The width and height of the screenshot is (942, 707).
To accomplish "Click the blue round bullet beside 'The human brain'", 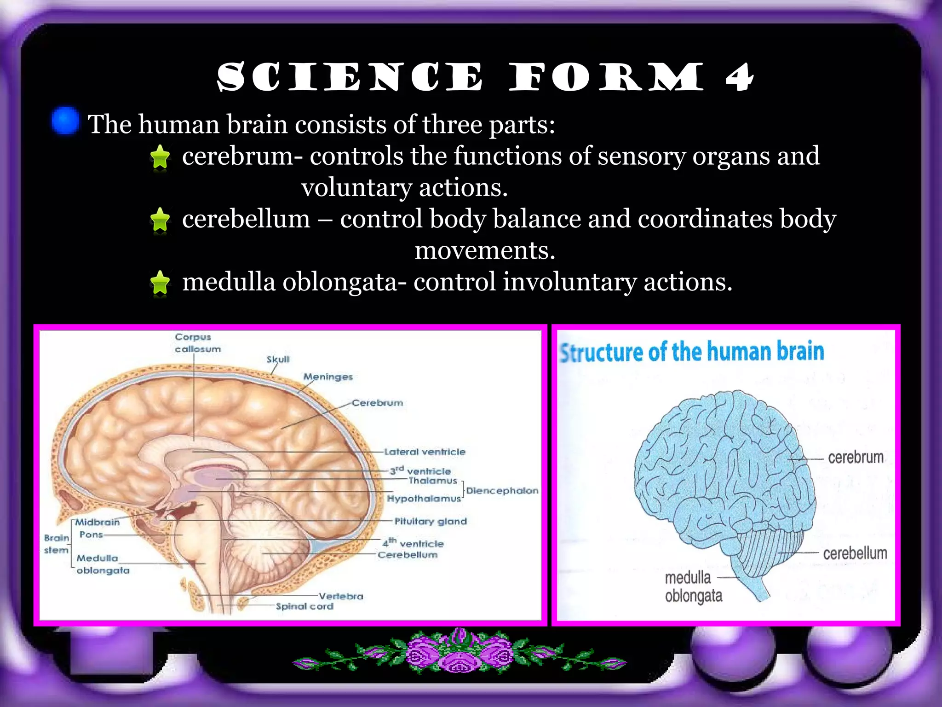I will [x=65, y=121].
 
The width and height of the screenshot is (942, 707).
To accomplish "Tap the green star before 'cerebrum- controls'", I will [x=160, y=156].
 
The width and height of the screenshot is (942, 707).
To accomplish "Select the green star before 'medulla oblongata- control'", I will [x=160, y=282].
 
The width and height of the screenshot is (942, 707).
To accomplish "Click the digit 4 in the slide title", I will [x=739, y=77].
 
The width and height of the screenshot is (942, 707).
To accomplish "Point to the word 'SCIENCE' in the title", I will [x=350, y=77].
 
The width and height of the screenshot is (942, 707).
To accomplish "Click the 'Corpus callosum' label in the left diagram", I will [x=197, y=343].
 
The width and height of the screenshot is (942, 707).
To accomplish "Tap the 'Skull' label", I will [x=278, y=359].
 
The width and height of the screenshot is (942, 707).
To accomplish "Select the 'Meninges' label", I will [x=327, y=377].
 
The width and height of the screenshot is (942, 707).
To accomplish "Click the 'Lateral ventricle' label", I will [x=425, y=452].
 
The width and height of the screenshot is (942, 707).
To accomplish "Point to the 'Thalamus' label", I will [x=432, y=481].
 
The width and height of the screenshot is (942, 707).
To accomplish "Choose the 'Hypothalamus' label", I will [x=424, y=498].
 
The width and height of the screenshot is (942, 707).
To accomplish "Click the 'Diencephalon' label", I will [x=502, y=491].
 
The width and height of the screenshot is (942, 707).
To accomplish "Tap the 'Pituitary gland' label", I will [x=431, y=522].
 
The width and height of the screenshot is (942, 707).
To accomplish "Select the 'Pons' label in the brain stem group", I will [x=91, y=535].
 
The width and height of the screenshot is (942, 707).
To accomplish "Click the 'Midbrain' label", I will [x=97, y=522].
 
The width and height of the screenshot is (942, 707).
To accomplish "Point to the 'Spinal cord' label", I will [x=304, y=607].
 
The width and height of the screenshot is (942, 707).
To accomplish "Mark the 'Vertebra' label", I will [x=341, y=597].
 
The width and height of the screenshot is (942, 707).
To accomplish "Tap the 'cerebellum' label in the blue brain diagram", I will [x=855, y=553].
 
